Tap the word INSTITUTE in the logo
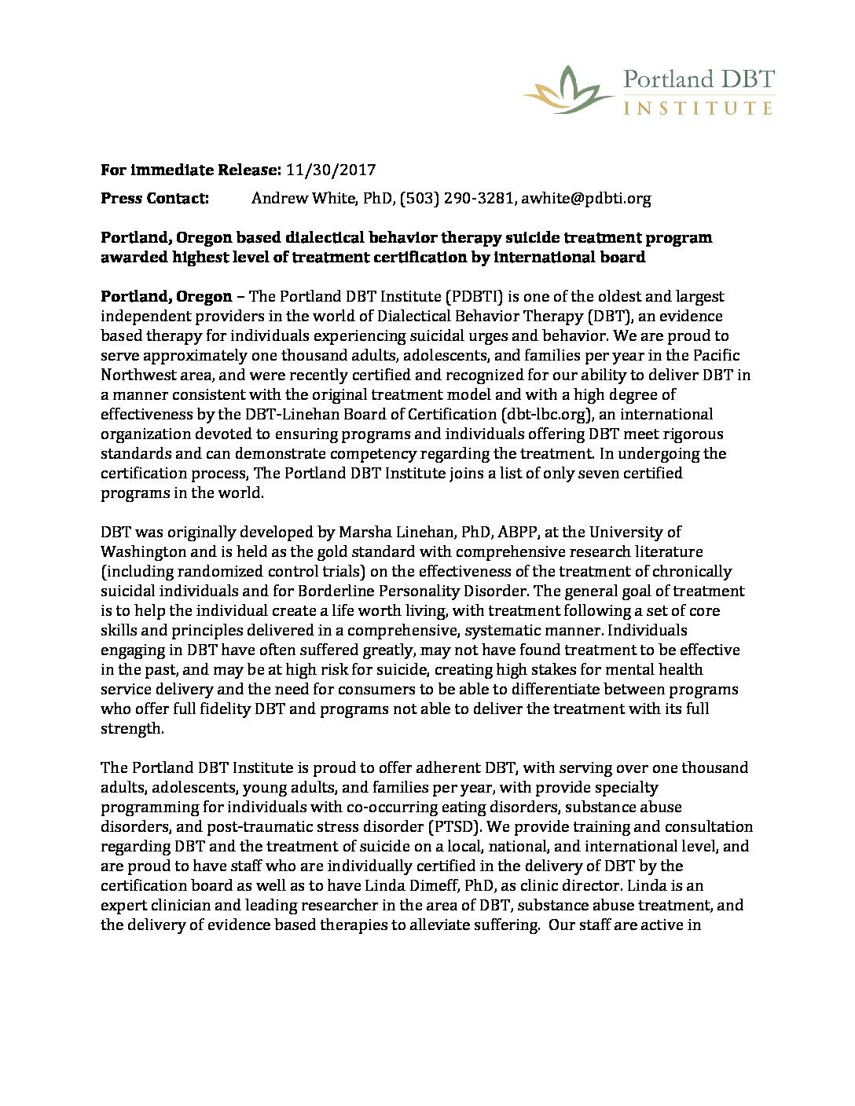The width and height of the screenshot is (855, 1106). tap(698, 107)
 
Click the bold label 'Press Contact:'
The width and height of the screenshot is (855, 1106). tap(155, 199)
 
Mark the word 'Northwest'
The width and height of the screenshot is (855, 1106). tap(136, 375)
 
